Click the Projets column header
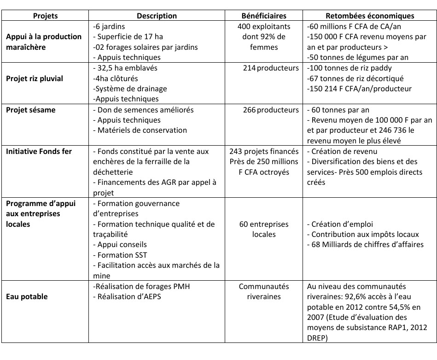click(x=45, y=16)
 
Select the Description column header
click(x=157, y=16)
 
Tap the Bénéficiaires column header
click(x=264, y=16)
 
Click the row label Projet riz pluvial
click(x=35, y=78)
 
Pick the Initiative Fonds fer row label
click(x=39, y=151)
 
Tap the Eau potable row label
click(x=26, y=296)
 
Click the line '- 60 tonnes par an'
click(x=338, y=110)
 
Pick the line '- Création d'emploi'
click(x=340, y=224)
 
